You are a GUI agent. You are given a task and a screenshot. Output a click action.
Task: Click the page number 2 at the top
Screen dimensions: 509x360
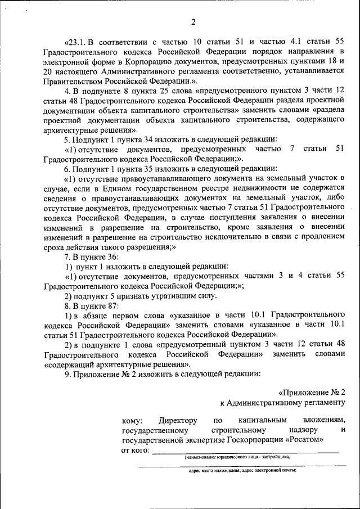pos(193,22)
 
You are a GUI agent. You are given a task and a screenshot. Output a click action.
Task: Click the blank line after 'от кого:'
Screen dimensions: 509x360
pos(245,451)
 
